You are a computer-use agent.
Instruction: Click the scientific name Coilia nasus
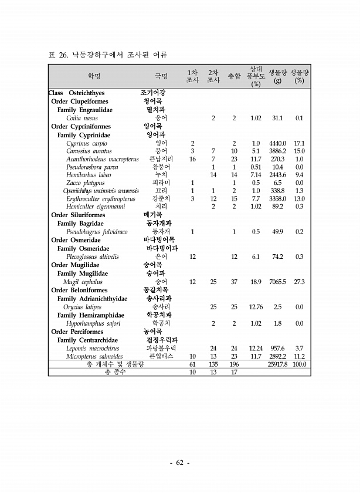click(x=82, y=118)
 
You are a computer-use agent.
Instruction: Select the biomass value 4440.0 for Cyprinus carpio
click(x=277, y=143)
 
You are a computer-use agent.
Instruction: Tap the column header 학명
click(x=94, y=76)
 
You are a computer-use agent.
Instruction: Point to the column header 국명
click(x=161, y=76)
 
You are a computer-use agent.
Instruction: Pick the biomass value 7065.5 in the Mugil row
click(x=277, y=282)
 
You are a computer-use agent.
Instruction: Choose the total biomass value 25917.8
click(x=277, y=364)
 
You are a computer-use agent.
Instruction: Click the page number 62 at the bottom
click(x=180, y=463)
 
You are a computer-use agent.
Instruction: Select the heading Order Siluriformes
click(x=79, y=215)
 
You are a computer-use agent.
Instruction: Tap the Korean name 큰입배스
click(x=161, y=356)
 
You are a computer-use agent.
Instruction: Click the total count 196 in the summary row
click(x=234, y=364)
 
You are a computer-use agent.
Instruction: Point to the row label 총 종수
click(x=114, y=372)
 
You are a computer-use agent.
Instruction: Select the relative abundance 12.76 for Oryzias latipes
click(x=256, y=306)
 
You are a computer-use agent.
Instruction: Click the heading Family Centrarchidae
click(x=87, y=340)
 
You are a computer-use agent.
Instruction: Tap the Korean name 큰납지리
click(x=161, y=159)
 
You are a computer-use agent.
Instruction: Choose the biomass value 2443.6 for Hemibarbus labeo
click(x=277, y=175)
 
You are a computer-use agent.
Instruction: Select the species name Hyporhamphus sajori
click(x=94, y=323)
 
